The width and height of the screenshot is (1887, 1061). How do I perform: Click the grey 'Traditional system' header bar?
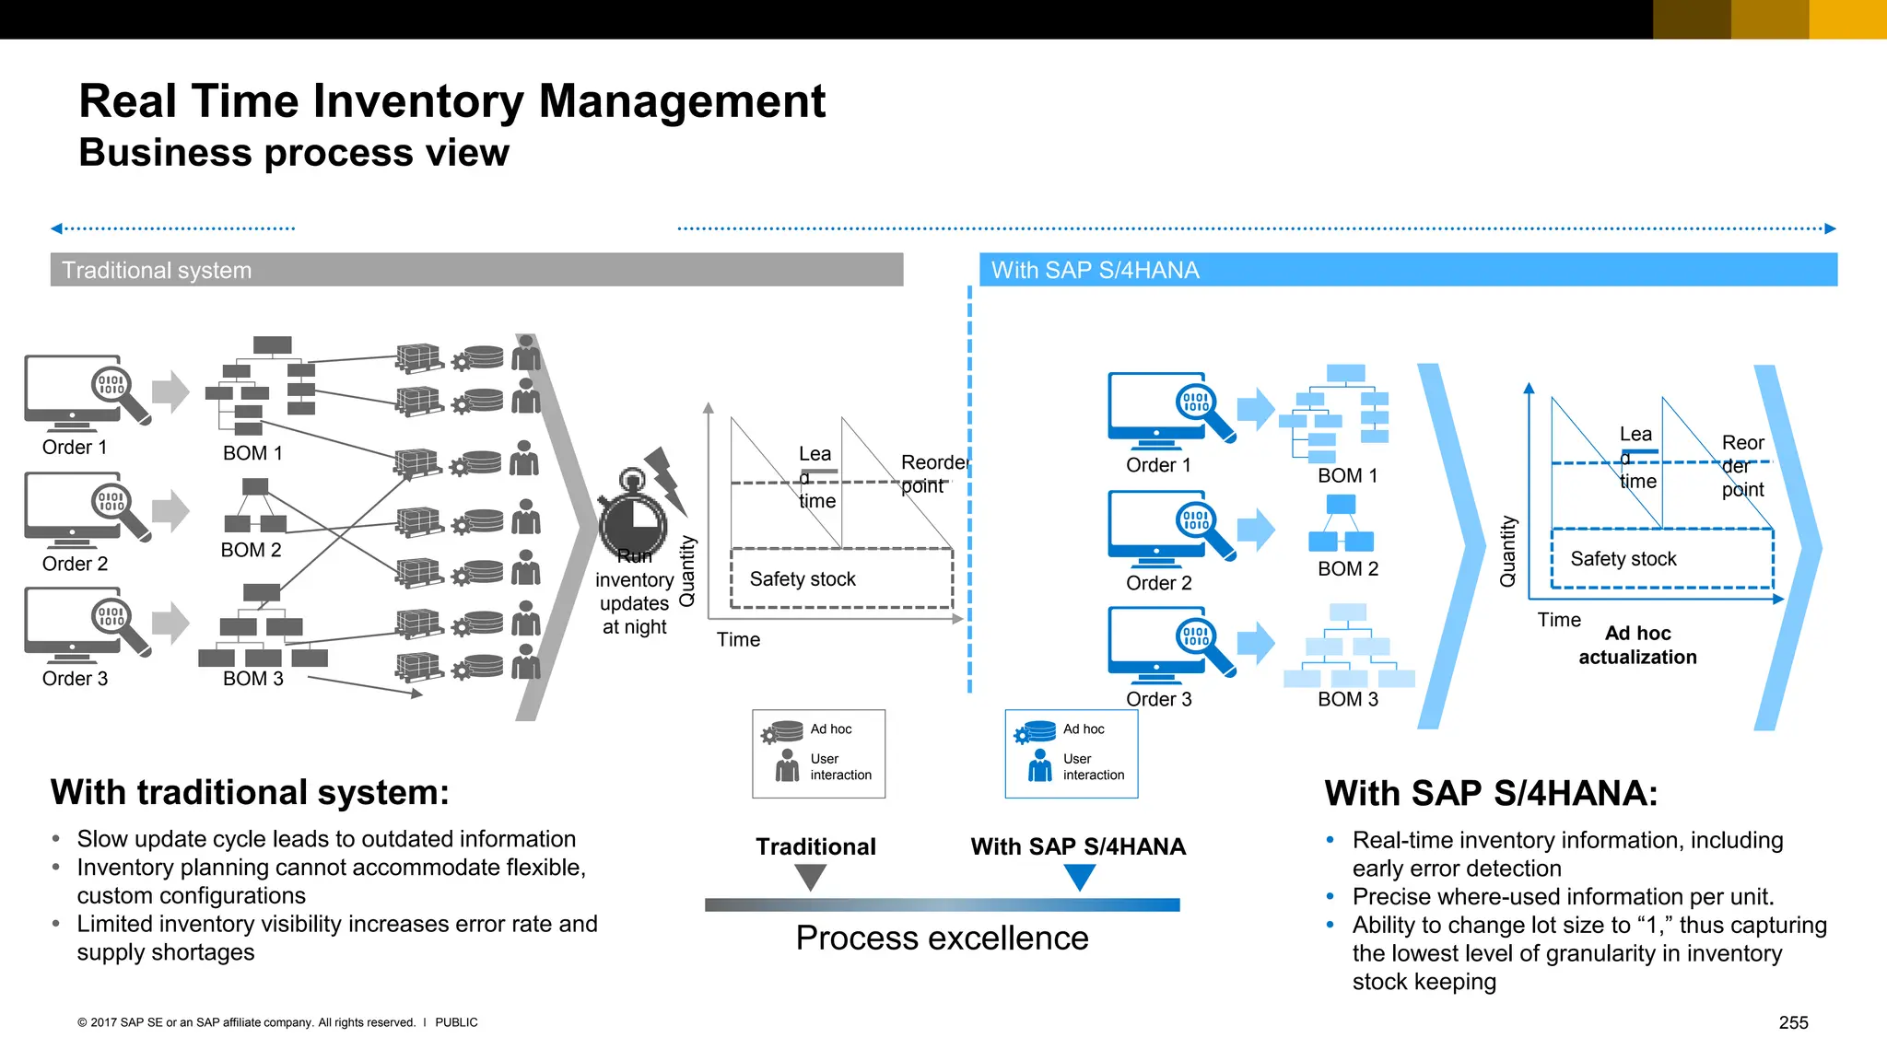476,270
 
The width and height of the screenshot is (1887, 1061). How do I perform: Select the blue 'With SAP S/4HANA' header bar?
1407,270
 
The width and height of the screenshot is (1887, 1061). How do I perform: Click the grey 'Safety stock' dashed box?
841,578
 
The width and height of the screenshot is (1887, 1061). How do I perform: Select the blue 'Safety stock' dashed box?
1662,558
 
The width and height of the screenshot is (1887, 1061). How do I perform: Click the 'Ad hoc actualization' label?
1637,645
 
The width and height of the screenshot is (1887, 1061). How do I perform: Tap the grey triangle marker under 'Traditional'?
810,879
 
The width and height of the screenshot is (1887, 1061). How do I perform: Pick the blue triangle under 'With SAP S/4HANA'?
1079,879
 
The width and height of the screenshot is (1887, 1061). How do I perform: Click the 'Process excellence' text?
942,938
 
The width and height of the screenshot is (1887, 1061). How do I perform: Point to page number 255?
1793,1022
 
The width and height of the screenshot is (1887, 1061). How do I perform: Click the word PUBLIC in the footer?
456,1022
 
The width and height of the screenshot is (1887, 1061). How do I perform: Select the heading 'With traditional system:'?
250,792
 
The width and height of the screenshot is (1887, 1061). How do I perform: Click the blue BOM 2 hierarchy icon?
1341,523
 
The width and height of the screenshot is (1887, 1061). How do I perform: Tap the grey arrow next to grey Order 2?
170,510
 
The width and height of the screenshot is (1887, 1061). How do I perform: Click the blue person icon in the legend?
1040,765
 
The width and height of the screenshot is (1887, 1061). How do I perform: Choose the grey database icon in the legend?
782,732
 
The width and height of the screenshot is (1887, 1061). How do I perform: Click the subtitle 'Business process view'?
294,153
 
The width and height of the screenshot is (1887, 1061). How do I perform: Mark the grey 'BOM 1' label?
252,453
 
